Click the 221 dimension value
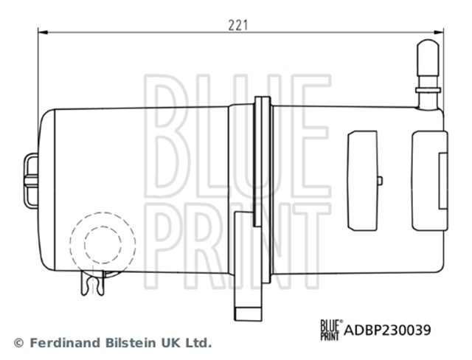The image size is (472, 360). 237,25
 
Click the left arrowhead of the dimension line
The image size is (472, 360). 43,32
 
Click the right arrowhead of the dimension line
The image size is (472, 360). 438,32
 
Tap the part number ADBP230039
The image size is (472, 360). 387,330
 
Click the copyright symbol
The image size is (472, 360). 18,343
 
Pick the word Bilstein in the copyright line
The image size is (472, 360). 131,343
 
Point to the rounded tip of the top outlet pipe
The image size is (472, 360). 428,45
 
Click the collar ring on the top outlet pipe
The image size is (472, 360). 428,90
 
